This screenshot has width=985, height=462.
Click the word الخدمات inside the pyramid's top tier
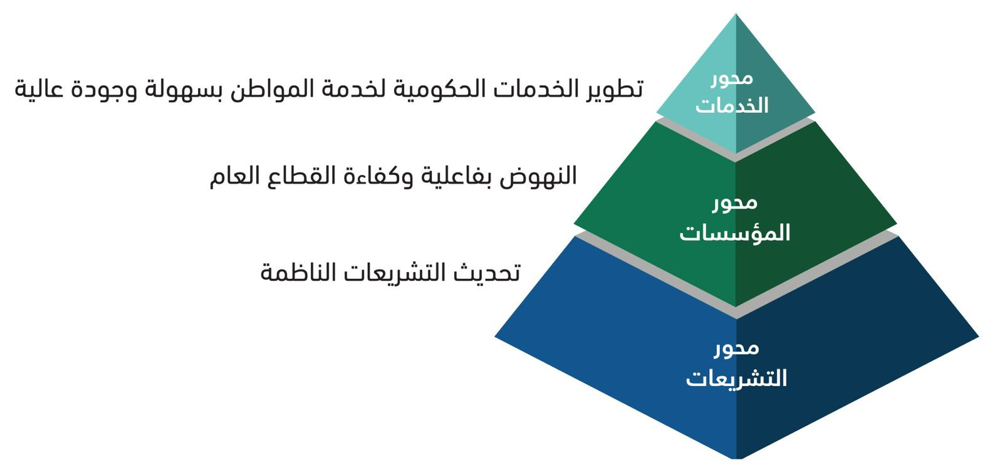(732, 105)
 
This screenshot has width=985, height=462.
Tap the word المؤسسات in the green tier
(735, 232)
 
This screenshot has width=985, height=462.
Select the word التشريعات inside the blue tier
(736, 378)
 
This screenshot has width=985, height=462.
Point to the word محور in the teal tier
(732, 78)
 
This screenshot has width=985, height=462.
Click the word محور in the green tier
(735, 202)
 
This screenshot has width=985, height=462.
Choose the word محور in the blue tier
(736, 348)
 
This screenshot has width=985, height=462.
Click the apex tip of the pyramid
(736, 14)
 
